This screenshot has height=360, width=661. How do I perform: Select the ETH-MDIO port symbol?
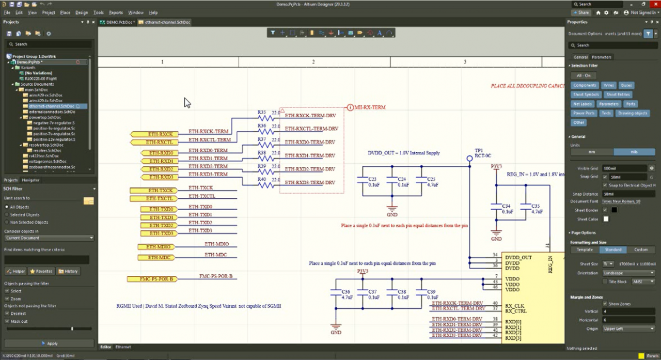coord(159,247)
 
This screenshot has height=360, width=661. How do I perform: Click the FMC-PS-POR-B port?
coord(152,279)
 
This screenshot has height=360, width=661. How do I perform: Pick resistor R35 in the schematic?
coord(265,118)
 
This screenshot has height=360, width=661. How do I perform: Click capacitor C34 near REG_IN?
coord(497,209)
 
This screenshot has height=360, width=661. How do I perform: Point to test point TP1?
coord(469,159)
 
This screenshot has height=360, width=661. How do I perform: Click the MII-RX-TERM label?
coord(370,107)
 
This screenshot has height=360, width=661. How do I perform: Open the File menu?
coord(7,12)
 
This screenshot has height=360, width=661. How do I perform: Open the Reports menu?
coord(116,12)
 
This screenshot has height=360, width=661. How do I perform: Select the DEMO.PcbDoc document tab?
coord(116,23)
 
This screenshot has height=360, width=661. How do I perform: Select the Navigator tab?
coord(30,180)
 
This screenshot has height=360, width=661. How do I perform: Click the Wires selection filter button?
coord(609,85)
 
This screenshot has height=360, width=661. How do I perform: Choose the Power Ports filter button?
coord(584,113)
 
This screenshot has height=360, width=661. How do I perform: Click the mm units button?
coord(592,152)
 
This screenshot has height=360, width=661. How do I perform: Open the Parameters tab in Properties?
coord(601,57)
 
